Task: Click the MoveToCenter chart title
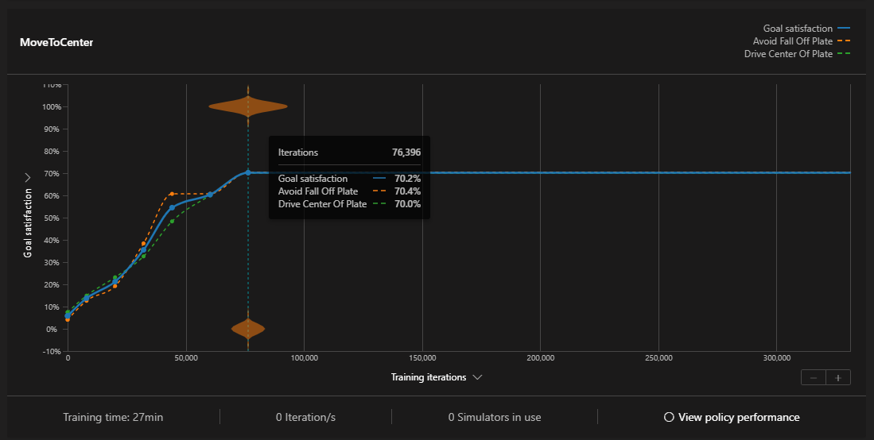click(56, 42)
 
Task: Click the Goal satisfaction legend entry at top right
click(798, 29)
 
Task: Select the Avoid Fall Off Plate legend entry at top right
click(793, 41)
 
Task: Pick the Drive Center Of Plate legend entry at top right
click(788, 54)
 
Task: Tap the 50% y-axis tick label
click(52, 218)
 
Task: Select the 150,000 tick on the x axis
click(422, 358)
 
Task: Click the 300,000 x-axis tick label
click(776, 358)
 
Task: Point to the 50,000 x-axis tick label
click(186, 358)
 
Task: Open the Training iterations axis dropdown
click(437, 377)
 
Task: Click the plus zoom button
click(838, 377)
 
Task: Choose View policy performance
click(732, 417)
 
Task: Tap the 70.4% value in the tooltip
click(407, 191)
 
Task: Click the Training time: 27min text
click(113, 417)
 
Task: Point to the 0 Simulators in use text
click(494, 417)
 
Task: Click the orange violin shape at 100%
click(248, 106)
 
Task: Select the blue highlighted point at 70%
click(248, 172)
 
